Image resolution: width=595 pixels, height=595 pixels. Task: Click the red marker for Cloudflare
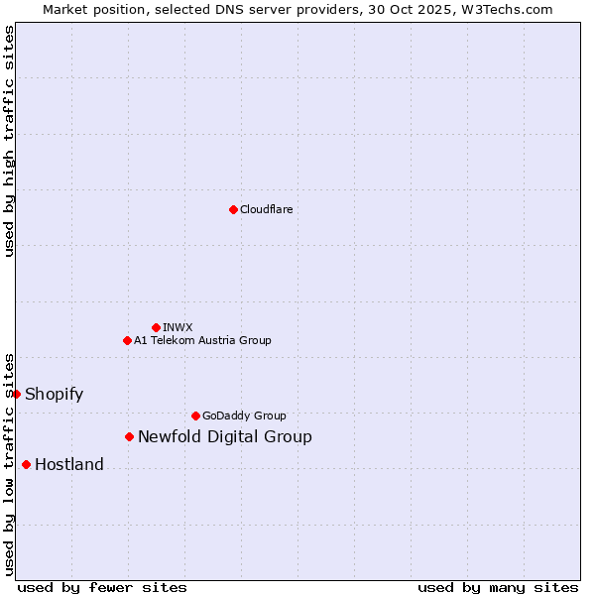click(x=233, y=209)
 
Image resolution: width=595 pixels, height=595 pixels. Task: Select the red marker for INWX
click(x=156, y=327)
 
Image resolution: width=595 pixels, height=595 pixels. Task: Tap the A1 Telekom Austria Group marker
click(x=127, y=340)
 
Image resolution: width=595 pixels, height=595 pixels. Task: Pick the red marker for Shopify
click(x=17, y=394)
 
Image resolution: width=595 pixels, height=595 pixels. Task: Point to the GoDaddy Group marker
click(x=195, y=416)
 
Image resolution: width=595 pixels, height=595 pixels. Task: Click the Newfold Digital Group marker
click(x=129, y=436)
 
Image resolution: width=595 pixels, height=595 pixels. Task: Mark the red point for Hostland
click(x=26, y=464)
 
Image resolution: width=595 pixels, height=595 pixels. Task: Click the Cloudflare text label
click(x=266, y=209)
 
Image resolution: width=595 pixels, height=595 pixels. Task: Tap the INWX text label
click(x=178, y=327)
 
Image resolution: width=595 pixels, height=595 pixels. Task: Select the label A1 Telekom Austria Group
click(x=202, y=340)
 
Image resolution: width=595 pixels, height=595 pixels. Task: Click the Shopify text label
click(x=54, y=394)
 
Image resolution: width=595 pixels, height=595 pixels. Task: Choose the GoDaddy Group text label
click(x=244, y=416)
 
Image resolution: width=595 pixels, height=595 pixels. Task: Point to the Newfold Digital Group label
click(x=224, y=436)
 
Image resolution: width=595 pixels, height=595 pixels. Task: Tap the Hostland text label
click(x=68, y=464)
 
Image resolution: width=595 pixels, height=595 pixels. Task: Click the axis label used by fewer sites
click(x=102, y=587)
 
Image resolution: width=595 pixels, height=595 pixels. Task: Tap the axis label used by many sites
click(x=498, y=587)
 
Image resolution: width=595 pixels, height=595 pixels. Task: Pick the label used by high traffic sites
click(x=9, y=141)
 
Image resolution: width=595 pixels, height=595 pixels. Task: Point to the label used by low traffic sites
click(x=9, y=463)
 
